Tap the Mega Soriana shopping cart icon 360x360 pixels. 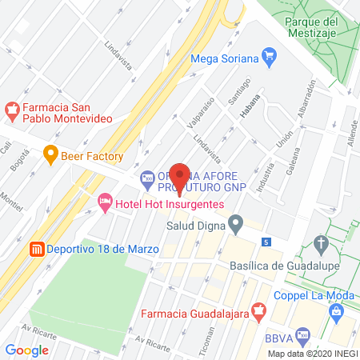270,57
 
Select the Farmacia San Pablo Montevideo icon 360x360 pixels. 12,107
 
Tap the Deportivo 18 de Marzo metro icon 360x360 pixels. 35,249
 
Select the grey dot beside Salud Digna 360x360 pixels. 235,225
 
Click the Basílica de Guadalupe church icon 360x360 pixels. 321,243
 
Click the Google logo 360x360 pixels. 26,350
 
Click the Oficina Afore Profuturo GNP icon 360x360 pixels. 147,177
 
